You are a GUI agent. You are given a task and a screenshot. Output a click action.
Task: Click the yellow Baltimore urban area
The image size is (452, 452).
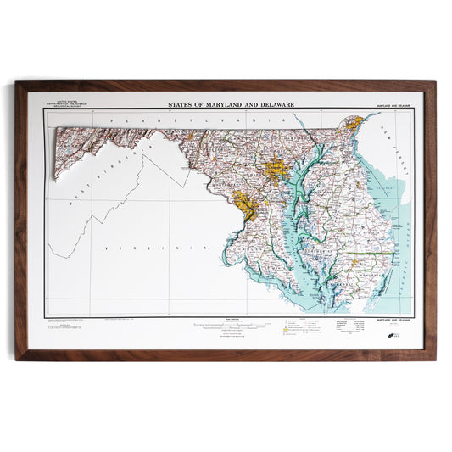click(276, 169)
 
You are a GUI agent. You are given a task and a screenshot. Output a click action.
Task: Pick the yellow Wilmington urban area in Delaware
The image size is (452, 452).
click(357, 126)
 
